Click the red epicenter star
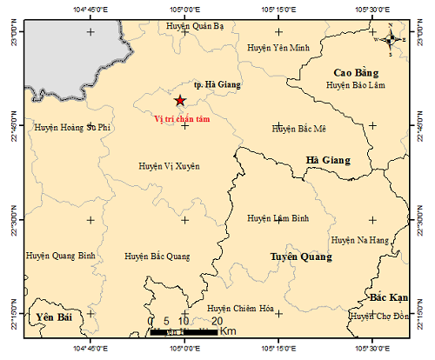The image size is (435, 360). tap(180, 101)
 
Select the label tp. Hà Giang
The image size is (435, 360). tap(218, 84)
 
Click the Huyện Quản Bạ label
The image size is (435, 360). tap(195, 26)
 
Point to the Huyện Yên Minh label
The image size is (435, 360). tap(278, 47)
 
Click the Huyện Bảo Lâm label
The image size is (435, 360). tap(355, 85)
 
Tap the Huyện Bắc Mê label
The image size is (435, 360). tap(298, 129)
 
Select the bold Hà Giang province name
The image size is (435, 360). tap(328, 160)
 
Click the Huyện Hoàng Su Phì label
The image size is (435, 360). tap(74, 127)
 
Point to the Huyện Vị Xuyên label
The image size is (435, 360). tap(170, 164)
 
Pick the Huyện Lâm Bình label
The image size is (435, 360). tap(278, 218)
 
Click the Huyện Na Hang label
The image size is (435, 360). tap(359, 239)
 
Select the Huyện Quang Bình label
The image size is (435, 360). tap(60, 257)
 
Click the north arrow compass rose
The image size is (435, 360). tap(391, 37)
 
